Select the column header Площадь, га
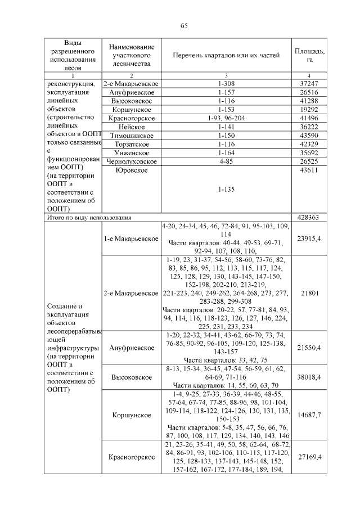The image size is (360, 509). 309,55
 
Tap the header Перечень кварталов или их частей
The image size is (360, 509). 225,55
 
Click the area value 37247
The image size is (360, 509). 309,83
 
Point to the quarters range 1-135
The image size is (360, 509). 225,190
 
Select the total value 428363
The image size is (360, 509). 309,217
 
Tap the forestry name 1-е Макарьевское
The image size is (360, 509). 130,238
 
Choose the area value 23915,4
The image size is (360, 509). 309,238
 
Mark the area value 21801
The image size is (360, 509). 309,294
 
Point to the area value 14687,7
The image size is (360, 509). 309,415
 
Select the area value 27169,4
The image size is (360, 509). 309,457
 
